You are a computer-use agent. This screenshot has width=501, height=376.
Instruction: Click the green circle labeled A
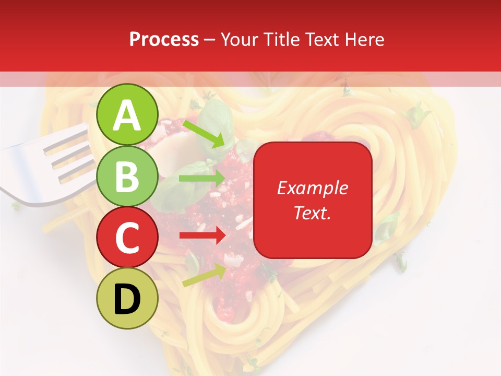pyautogui.click(x=127, y=115)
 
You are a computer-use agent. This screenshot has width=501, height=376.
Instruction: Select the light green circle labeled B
pyautogui.click(x=127, y=177)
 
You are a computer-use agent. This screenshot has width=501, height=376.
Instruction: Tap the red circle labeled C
pyautogui.click(x=127, y=238)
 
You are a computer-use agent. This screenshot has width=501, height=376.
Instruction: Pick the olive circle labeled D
pyautogui.click(x=127, y=299)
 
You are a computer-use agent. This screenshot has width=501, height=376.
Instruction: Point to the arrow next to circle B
pyautogui.click(x=201, y=179)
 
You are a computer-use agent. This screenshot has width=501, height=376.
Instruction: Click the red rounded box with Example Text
pyautogui.click(x=312, y=200)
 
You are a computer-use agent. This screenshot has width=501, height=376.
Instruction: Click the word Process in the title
pyautogui.click(x=164, y=39)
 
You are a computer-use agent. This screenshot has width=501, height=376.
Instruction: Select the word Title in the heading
pyautogui.click(x=279, y=39)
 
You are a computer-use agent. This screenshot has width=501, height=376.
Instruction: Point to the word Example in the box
pyautogui.click(x=312, y=188)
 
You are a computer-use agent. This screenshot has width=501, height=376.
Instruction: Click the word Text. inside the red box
pyautogui.click(x=312, y=213)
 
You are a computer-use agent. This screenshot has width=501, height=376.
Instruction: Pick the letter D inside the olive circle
pyautogui.click(x=127, y=300)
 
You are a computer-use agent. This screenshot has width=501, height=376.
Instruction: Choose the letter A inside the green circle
pyautogui.click(x=127, y=116)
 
